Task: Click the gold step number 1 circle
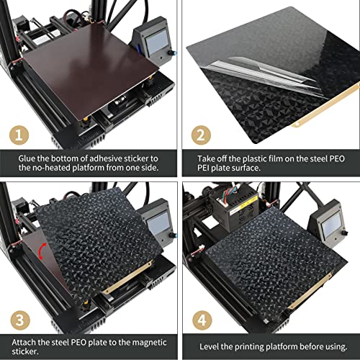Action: pyautogui.click(x=19, y=135)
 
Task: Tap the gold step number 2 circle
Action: pyautogui.click(x=201, y=135)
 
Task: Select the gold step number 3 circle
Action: pyautogui.click(x=20, y=320)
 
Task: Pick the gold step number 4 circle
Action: pyautogui.click(x=202, y=320)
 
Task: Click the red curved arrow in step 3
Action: pyautogui.click(x=42, y=251)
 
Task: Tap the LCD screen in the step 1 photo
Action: pyautogui.click(x=156, y=42)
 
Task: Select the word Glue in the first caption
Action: pyautogui.click(x=27, y=158)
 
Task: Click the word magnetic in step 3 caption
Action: pyautogui.click(x=149, y=342)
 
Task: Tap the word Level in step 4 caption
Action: pyautogui.click(x=209, y=346)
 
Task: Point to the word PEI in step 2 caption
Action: pyautogui.click(x=203, y=168)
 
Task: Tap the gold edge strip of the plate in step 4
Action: pyautogui.click(x=310, y=290)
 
